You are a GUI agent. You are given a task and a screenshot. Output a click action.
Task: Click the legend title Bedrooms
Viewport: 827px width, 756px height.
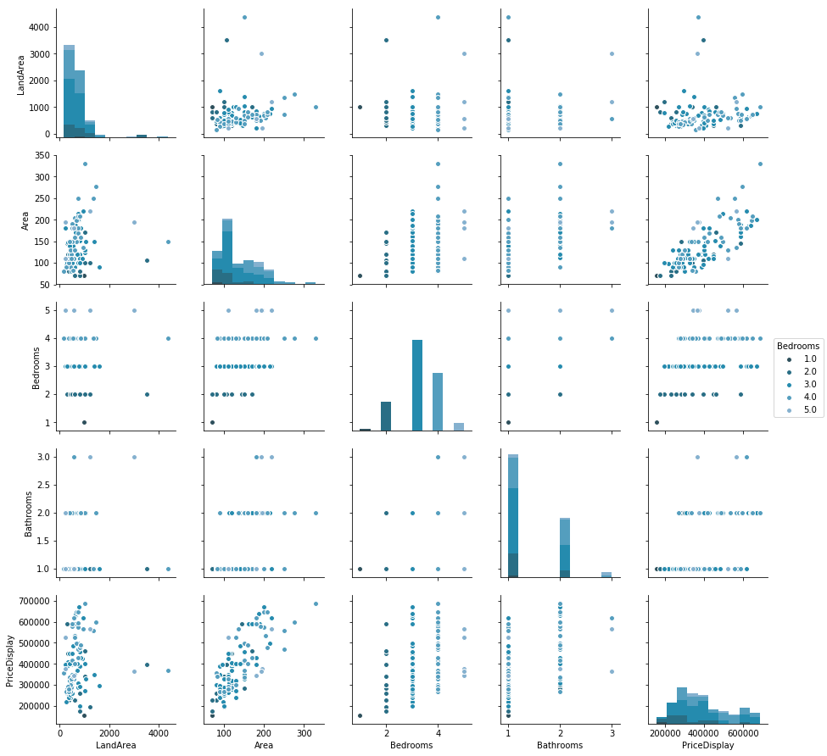pyautogui.click(x=798, y=346)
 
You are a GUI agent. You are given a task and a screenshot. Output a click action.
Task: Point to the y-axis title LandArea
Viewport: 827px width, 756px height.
pyautogui.click(x=22, y=71)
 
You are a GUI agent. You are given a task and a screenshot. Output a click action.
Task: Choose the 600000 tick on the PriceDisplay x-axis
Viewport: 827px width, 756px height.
pyautogui.click(x=744, y=731)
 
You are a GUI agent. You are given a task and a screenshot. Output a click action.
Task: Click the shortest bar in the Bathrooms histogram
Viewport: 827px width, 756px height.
pyautogui.click(x=606, y=575)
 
